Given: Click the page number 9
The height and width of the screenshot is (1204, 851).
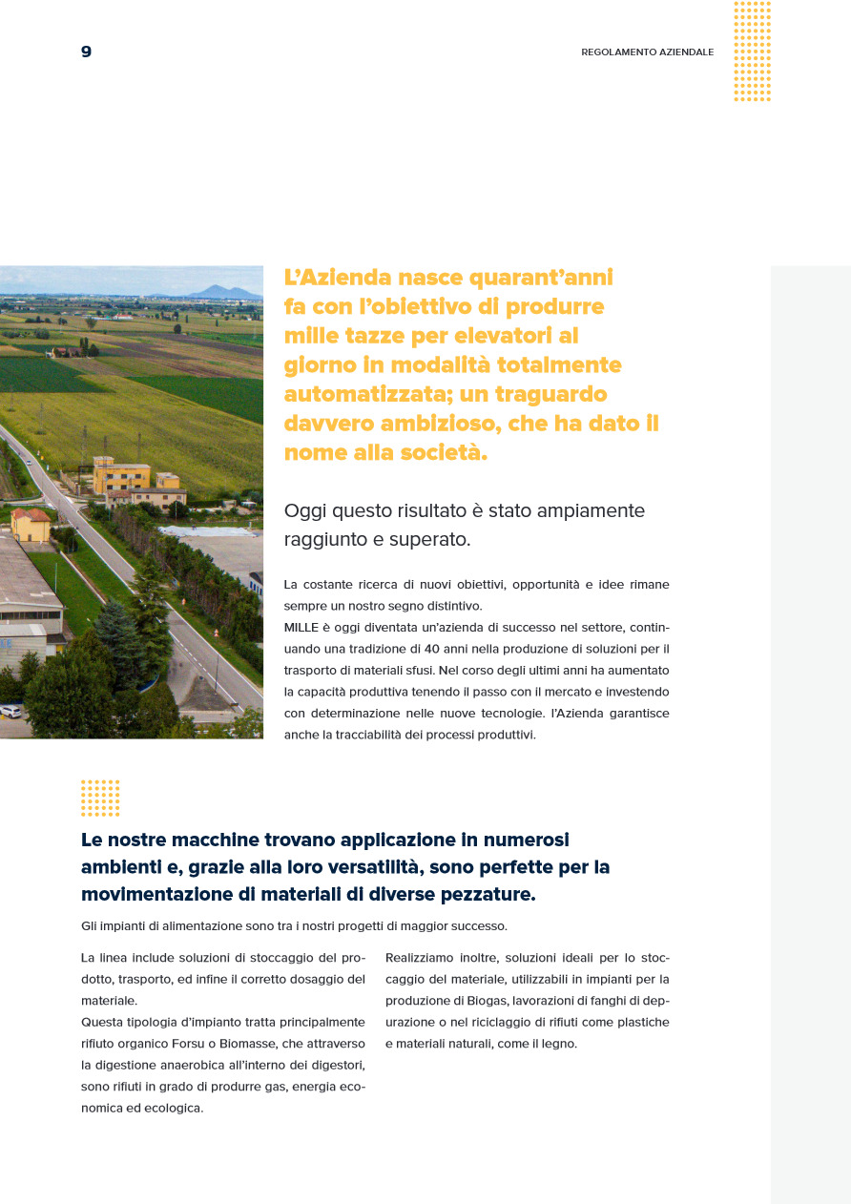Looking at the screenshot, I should (x=86, y=52).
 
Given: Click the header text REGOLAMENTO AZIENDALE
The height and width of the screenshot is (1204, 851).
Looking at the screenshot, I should (x=647, y=52).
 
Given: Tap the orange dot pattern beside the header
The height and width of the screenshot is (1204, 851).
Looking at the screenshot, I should (x=752, y=52).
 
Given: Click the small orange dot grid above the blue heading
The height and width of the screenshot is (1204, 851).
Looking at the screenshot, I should (x=100, y=798).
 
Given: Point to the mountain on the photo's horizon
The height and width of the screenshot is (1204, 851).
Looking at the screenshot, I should (x=222, y=291).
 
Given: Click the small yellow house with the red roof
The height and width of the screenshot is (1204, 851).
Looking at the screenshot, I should (x=31, y=524).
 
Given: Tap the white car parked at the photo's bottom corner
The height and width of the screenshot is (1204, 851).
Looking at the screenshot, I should (x=10, y=711).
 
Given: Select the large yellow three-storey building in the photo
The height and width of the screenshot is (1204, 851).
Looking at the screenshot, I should (x=121, y=474).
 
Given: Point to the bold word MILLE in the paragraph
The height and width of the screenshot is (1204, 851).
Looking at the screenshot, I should (x=301, y=627).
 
